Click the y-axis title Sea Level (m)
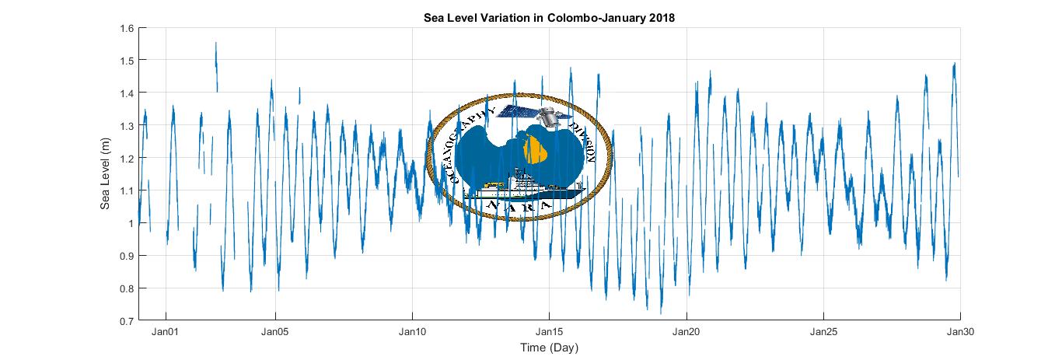click(x=105, y=173)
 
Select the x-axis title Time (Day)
click(x=550, y=347)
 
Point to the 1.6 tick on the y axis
click(x=127, y=28)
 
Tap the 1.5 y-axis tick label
click(x=127, y=61)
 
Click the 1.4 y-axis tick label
click(x=127, y=93)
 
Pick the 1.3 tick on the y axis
click(x=127, y=126)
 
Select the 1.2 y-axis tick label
click(x=127, y=159)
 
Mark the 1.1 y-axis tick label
click(x=127, y=191)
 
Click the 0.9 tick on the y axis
click(x=127, y=256)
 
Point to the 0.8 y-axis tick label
click(x=127, y=288)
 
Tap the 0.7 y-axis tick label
click(x=127, y=320)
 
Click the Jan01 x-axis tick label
click(x=166, y=332)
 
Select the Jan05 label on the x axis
click(x=276, y=332)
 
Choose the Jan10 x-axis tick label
click(x=413, y=332)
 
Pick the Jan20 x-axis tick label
click(x=686, y=332)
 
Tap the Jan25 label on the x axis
click(x=823, y=332)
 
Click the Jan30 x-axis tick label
click(x=960, y=332)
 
